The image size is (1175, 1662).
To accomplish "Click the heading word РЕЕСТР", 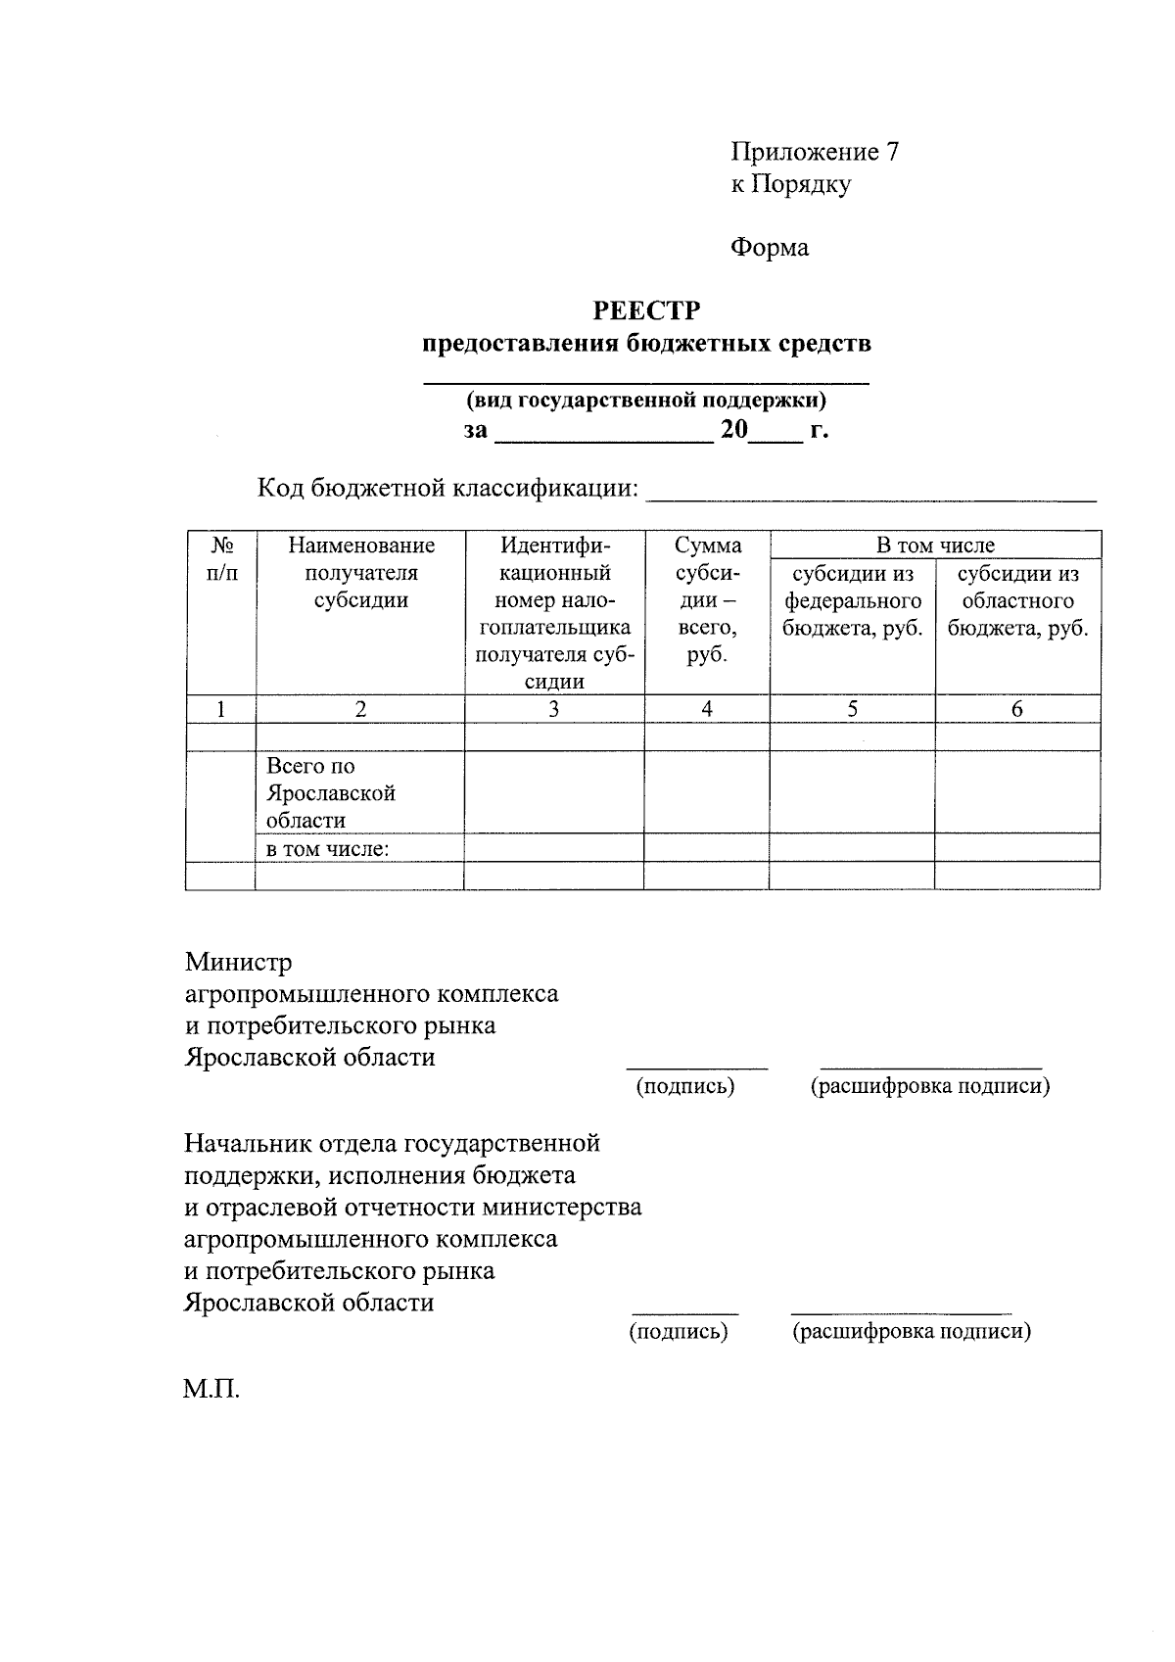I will [x=646, y=311].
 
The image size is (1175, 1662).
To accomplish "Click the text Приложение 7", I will [x=814, y=152].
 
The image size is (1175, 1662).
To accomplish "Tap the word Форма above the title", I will [x=770, y=248].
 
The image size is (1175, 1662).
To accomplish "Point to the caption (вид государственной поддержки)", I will [x=646, y=400].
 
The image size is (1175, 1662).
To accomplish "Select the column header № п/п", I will [x=221, y=559].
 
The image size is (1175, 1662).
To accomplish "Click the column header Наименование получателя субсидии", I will [x=360, y=573].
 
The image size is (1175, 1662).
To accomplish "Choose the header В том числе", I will [x=935, y=546].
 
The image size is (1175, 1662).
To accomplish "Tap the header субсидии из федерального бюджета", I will [x=852, y=601].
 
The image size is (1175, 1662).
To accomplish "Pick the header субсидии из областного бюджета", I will [x=1017, y=601].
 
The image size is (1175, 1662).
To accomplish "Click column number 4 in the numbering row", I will [x=706, y=710].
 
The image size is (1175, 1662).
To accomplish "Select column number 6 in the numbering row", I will [x=1017, y=710].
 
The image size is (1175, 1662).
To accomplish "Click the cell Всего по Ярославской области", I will [x=331, y=793].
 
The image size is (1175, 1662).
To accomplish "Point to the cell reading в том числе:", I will [x=328, y=849].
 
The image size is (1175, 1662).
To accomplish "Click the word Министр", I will [x=239, y=963].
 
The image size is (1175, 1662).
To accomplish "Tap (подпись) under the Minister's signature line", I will [x=685, y=1085].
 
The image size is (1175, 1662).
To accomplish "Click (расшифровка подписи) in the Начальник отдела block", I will [x=911, y=1331].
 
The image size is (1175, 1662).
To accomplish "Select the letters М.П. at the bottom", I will [x=211, y=1389].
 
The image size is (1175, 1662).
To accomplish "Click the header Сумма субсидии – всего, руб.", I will [x=707, y=600].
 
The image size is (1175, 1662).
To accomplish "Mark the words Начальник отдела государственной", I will [x=392, y=1143].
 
